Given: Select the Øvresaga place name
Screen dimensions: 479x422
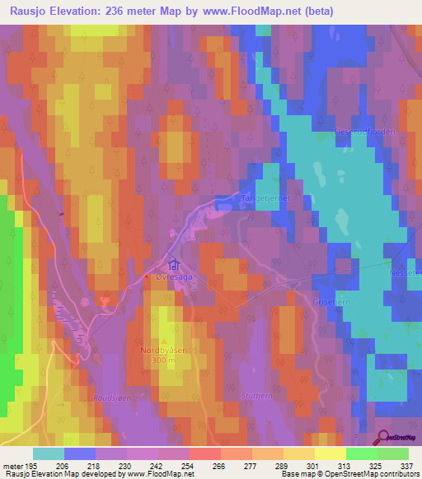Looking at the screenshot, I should coord(173,278).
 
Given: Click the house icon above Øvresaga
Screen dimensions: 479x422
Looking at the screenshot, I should coord(173,266).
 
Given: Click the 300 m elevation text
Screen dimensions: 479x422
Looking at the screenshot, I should coord(163,360).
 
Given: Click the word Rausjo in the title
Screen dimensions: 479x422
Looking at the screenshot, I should coord(27,11).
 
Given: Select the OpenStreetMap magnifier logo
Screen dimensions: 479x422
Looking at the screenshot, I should coord(384,438).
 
